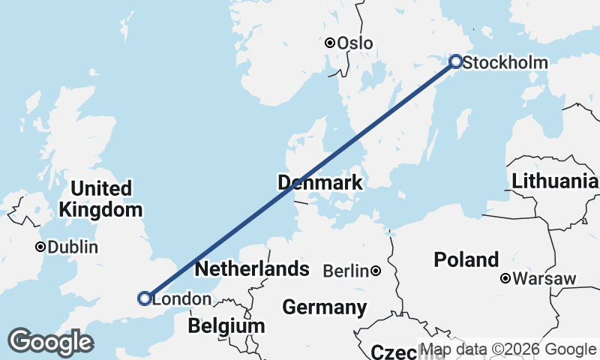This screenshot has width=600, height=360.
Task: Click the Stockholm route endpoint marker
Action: click(x=454, y=61)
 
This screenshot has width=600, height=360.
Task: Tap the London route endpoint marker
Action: click(x=144, y=298)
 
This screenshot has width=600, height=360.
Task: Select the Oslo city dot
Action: click(x=329, y=43)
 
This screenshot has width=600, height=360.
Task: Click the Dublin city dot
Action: click(x=40, y=247)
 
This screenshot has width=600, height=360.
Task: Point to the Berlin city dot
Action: click(x=375, y=271)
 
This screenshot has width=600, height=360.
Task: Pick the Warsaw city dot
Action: click(x=505, y=279)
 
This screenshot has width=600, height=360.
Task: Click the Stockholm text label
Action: click(x=505, y=63)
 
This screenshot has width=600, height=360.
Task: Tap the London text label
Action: click(x=181, y=299)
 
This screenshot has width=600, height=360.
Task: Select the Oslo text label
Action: click(x=355, y=43)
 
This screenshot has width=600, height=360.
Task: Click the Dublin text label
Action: click(x=73, y=247)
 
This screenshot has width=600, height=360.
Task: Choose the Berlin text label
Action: click(x=346, y=271)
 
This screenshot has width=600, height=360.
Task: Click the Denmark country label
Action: click(x=320, y=182)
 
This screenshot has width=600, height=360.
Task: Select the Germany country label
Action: click(x=325, y=307)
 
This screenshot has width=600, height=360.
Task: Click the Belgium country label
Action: click(x=226, y=326)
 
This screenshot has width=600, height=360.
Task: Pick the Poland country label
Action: click(x=466, y=260)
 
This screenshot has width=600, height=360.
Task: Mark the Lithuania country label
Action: click(x=555, y=181)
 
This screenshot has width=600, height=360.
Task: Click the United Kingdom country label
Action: click(x=101, y=199)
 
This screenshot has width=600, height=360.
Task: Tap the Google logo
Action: click(x=50, y=342)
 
